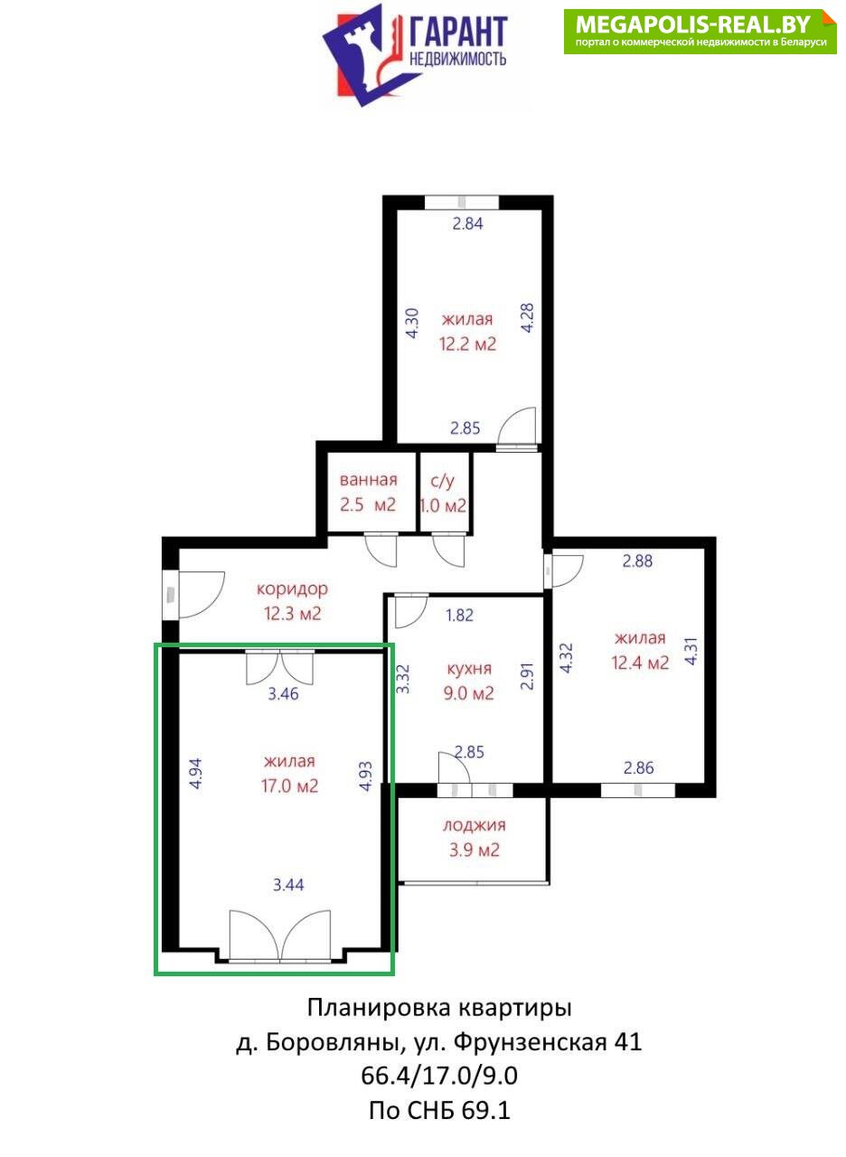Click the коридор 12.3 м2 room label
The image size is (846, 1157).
(x=292, y=601)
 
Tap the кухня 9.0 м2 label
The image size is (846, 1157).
(x=469, y=681)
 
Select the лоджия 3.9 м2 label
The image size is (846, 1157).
(x=475, y=837)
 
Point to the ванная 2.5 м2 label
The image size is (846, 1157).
(x=368, y=492)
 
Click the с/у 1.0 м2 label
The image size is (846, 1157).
(x=443, y=493)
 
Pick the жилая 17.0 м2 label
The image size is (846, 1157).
(x=289, y=773)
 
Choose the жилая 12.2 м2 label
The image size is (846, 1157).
(x=467, y=331)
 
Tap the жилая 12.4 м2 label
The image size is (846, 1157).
(x=640, y=650)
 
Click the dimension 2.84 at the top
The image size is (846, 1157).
(x=467, y=223)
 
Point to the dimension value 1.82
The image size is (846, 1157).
(x=459, y=616)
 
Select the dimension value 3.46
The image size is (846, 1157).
(x=283, y=693)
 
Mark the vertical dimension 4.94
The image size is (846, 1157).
(x=196, y=773)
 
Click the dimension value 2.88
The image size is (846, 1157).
(x=637, y=561)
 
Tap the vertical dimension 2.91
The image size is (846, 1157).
(x=527, y=676)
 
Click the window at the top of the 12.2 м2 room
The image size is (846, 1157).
(x=462, y=202)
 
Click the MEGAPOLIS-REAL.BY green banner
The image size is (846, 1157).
(x=700, y=32)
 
